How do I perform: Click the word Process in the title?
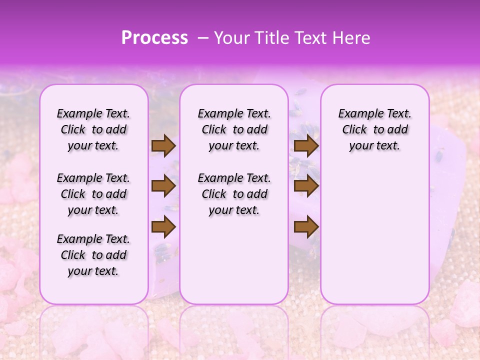click(154, 38)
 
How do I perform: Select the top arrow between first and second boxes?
click(163, 145)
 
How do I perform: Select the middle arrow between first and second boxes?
click(163, 186)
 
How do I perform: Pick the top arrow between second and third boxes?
click(306, 145)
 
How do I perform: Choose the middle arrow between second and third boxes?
click(306, 186)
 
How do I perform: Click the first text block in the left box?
click(93, 129)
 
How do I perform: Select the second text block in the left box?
click(93, 194)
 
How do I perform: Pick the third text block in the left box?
click(93, 255)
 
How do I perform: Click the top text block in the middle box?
click(234, 129)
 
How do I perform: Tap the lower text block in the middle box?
click(234, 194)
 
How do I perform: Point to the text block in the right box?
click(374, 129)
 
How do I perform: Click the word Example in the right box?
click(357, 114)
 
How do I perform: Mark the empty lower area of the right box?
click(374, 230)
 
